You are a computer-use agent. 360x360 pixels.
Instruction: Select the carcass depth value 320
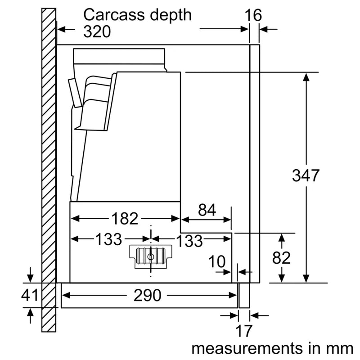[97, 31]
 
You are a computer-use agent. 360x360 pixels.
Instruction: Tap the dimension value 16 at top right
[253, 15]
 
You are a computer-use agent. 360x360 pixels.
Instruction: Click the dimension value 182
[124, 219]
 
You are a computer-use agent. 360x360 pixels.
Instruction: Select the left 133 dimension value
[108, 240]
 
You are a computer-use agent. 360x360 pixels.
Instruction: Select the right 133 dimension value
[189, 241]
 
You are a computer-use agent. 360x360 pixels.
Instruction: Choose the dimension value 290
[147, 296]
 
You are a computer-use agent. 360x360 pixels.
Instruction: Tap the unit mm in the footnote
[337, 348]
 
